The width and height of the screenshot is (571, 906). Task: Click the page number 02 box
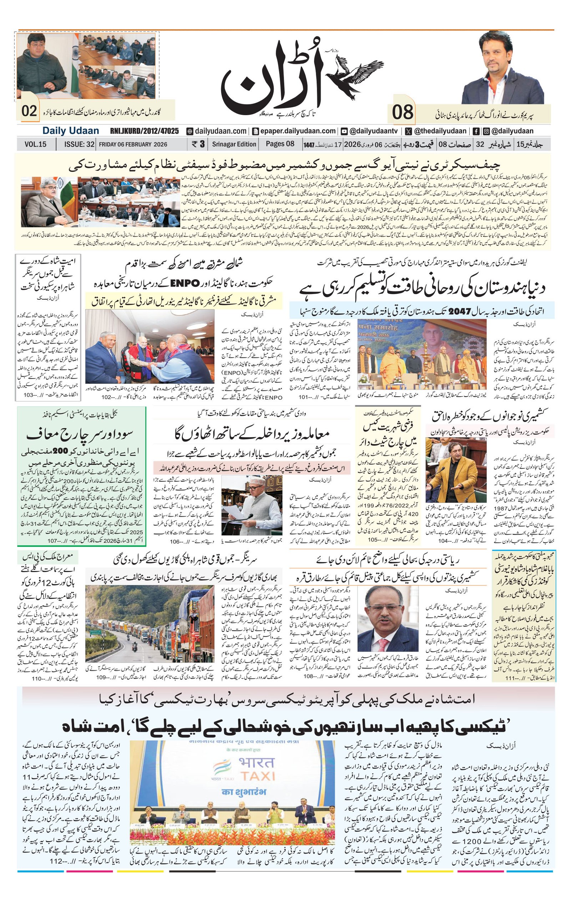click(x=29, y=111)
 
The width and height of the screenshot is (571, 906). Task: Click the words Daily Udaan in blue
click(x=70, y=131)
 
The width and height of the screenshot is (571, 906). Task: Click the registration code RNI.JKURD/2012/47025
click(x=144, y=131)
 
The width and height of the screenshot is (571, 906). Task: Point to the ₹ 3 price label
click(x=198, y=144)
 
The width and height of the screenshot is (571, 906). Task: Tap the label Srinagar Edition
click(x=234, y=144)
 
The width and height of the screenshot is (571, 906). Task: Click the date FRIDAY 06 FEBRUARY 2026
click(x=133, y=144)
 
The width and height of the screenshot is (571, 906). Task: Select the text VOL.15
click(x=35, y=144)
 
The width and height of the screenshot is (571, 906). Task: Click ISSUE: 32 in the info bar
click(x=79, y=144)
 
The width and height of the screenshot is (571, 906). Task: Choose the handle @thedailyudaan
click(x=440, y=131)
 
